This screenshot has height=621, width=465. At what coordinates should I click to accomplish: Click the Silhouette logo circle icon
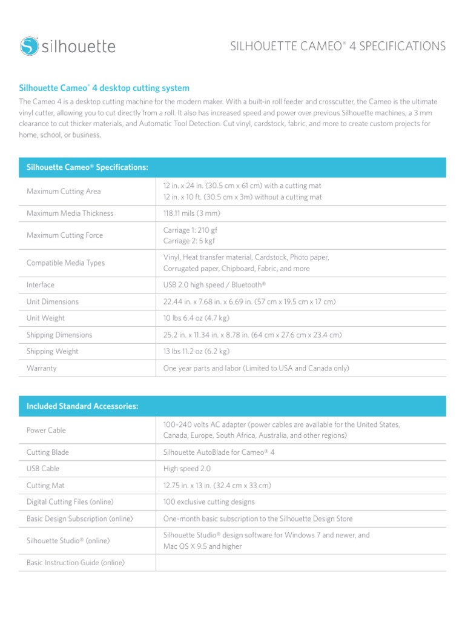(29, 45)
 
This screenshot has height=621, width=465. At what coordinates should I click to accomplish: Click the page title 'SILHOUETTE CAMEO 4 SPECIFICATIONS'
(337, 46)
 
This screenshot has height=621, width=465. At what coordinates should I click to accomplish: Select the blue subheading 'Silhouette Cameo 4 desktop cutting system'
(104, 88)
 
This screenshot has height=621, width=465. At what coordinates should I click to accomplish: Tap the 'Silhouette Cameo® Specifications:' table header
(87, 167)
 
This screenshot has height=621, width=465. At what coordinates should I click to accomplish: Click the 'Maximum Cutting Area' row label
(64, 192)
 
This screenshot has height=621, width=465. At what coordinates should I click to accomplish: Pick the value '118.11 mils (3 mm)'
(192, 213)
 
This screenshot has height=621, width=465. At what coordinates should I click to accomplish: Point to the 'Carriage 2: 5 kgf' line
(189, 241)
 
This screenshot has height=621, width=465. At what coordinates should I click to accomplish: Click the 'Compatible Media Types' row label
(65, 263)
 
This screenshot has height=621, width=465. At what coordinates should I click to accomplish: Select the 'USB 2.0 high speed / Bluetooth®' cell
(214, 285)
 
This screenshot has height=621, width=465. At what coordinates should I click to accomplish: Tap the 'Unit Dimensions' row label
(53, 302)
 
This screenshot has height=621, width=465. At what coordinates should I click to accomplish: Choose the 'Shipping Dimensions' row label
(59, 335)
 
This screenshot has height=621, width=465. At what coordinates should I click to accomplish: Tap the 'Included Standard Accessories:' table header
(82, 406)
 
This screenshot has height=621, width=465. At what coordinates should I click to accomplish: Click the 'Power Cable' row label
(46, 431)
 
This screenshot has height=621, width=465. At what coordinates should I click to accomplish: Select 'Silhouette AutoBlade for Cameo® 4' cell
(219, 452)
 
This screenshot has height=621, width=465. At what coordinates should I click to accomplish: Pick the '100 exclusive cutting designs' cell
(209, 502)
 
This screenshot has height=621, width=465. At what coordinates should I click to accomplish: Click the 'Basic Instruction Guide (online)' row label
(76, 563)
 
